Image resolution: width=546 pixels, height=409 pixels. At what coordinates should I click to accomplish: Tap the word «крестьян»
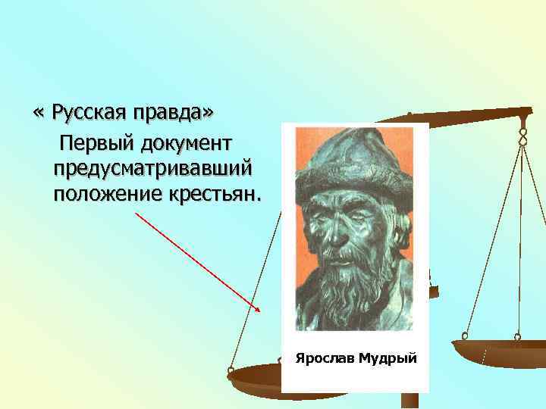point(214,194)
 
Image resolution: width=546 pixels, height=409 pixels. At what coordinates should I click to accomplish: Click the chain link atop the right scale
point(522,134)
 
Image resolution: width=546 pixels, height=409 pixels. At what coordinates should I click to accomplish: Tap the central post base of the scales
point(409,401)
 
